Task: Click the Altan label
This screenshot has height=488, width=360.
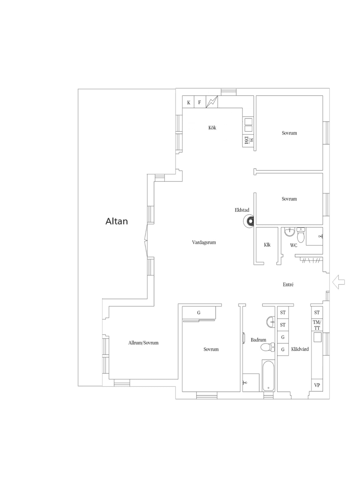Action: click(117, 221)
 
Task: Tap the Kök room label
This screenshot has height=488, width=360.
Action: click(212, 128)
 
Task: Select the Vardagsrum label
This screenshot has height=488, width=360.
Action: click(204, 243)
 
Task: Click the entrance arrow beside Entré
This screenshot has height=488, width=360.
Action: click(338, 281)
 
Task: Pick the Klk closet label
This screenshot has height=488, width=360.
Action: click(267, 245)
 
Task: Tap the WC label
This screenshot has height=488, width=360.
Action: click(294, 245)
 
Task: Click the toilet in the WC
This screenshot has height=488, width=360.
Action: click(301, 237)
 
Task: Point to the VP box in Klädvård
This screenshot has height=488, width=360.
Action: click(317, 385)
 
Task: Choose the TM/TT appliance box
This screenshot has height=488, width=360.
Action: click(317, 325)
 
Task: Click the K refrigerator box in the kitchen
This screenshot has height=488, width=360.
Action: click(189, 102)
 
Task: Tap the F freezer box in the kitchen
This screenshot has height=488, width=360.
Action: click(199, 102)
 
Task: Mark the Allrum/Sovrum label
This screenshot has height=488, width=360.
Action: click(143, 343)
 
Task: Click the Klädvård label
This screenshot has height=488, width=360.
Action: click(300, 349)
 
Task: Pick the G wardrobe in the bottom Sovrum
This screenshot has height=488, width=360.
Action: click(199, 313)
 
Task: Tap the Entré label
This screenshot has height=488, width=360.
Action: click(288, 285)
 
